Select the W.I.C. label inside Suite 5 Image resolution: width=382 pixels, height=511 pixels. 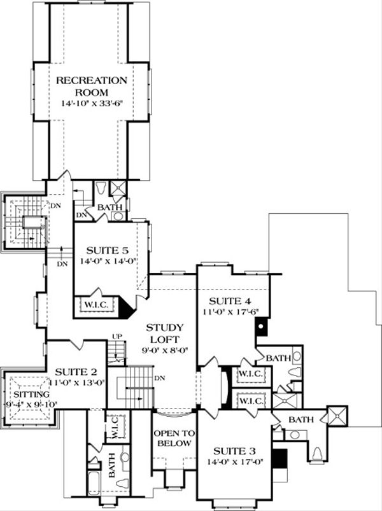[x=97, y=305]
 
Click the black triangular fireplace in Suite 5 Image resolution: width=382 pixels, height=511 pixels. [x=125, y=309]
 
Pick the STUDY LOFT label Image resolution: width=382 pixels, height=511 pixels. [x=165, y=333]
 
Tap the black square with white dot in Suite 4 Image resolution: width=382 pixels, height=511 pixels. [x=260, y=328]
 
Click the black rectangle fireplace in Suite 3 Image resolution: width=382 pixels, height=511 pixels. [x=279, y=458]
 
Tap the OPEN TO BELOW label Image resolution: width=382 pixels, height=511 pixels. [x=173, y=438]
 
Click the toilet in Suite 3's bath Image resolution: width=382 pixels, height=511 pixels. [x=316, y=454]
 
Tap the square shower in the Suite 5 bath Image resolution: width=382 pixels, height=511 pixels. [x=117, y=188]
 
